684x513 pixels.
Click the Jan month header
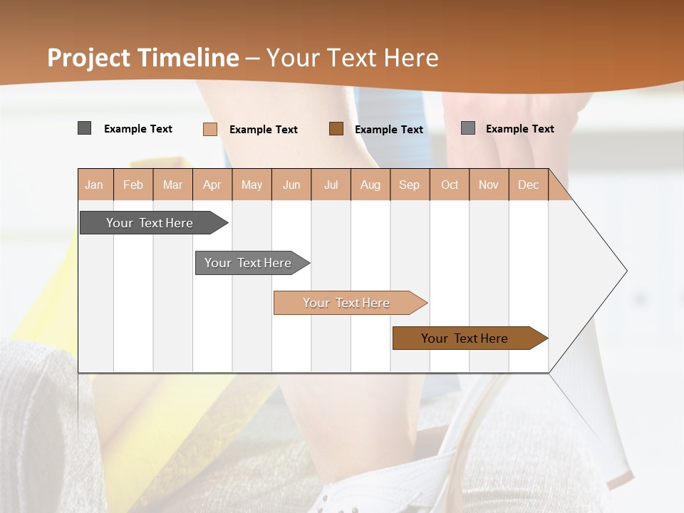pos(94,185)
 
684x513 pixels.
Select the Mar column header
pos(172,185)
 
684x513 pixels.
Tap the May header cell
pos(252,185)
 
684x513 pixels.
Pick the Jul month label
pos(331,185)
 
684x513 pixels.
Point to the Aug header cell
pos(370,185)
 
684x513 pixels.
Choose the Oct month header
pos(450,185)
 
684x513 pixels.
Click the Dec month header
pos(528,185)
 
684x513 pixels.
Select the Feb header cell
pos(133,185)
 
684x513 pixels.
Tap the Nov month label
pos(488,185)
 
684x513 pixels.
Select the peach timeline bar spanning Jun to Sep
pos(347,303)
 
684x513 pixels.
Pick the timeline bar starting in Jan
pos(150,223)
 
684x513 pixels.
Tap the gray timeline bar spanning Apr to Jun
pos(249,263)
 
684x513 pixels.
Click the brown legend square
pos(336,129)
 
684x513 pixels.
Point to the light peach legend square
pos(210,129)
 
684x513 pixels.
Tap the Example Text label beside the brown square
pos(389,130)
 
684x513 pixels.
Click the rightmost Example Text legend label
pos(520,129)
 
